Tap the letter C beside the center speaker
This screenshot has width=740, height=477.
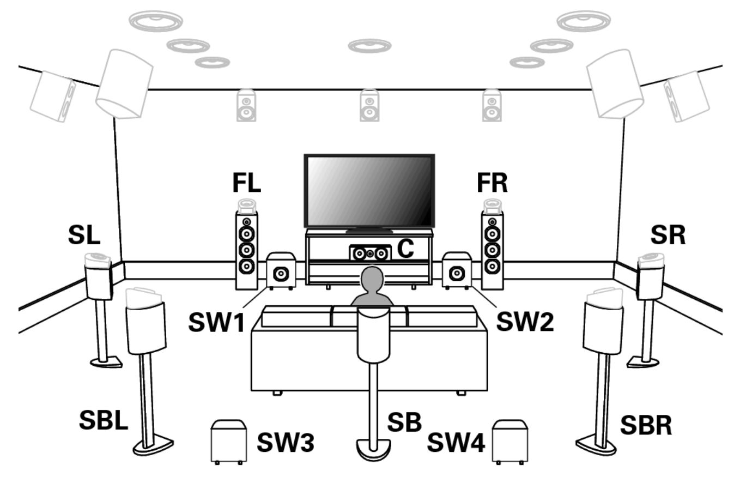405,249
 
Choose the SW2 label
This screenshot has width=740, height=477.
524,323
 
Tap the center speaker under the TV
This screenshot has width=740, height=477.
370,253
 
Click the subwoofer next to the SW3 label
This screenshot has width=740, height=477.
227,440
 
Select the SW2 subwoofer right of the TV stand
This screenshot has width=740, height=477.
457,270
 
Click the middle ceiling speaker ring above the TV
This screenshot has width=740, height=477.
369,46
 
